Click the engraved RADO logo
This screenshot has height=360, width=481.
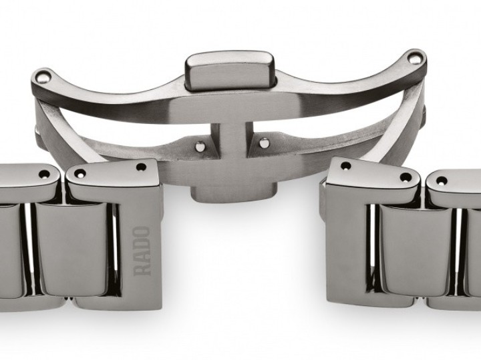click(x=142, y=251)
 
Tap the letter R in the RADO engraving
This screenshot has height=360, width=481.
click(x=142, y=268)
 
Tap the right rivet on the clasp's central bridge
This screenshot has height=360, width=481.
click(x=264, y=142)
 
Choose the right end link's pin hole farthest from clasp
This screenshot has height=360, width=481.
click(x=405, y=177)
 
